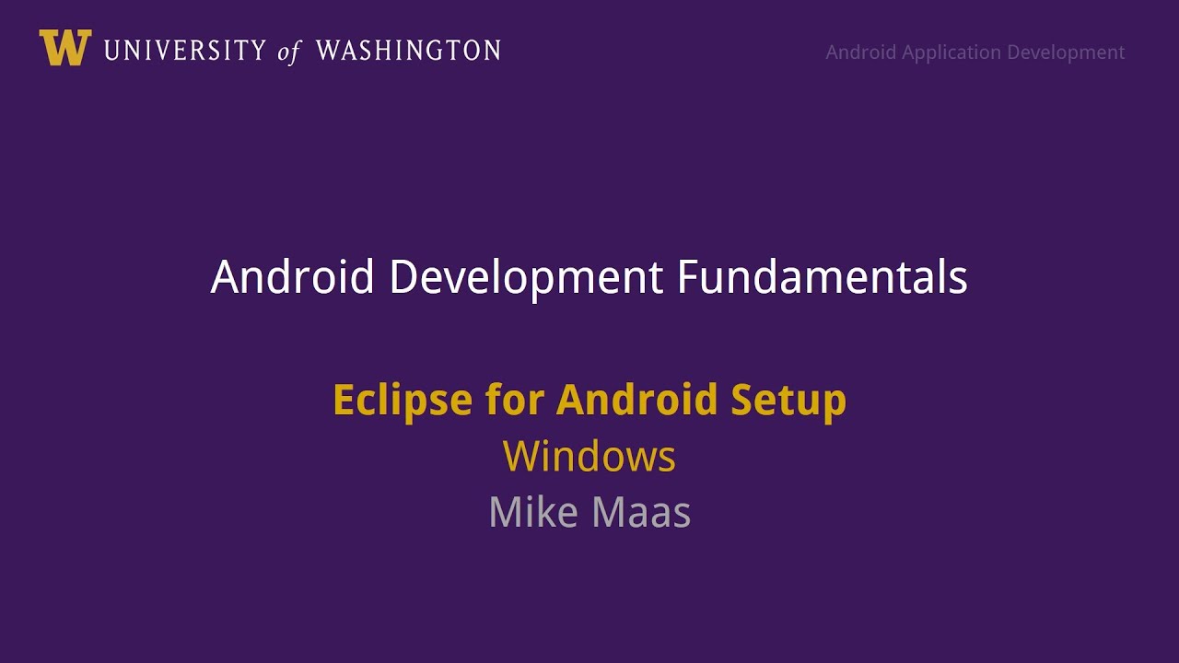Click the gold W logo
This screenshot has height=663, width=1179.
(64, 48)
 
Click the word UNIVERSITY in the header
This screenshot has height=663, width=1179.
(184, 51)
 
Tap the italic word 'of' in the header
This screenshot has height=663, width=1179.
(289, 52)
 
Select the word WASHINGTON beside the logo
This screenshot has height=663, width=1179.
(408, 51)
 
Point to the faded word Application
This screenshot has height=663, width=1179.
(951, 52)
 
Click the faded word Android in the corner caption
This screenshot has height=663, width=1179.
(861, 52)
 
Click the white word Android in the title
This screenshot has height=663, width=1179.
(292, 277)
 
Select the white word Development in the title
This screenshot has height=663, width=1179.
(526, 277)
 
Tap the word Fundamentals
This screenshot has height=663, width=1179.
(823, 277)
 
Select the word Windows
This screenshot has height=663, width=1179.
(589, 457)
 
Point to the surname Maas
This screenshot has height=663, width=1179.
(643, 512)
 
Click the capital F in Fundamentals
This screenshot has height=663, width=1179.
(689, 277)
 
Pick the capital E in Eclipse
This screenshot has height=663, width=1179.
(344, 401)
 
